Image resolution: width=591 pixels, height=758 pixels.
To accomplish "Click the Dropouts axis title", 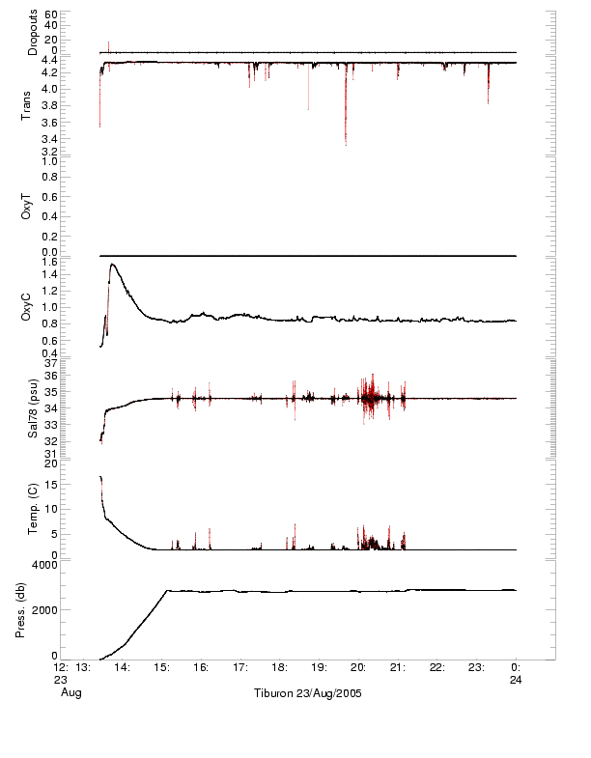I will click(33, 33).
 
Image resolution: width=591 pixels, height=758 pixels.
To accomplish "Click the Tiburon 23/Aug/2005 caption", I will click(307, 693).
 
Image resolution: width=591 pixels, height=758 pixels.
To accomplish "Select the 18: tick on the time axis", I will click(279, 666).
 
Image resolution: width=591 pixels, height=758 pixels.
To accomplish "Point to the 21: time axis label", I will click(398, 666).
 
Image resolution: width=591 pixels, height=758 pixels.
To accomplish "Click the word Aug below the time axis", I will click(70, 693).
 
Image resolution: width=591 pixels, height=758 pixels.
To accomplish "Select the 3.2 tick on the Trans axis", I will click(49, 153).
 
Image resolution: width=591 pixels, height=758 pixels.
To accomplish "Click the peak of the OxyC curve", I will click(113, 264).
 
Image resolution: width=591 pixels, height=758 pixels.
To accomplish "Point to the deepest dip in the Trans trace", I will click(346, 144).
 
